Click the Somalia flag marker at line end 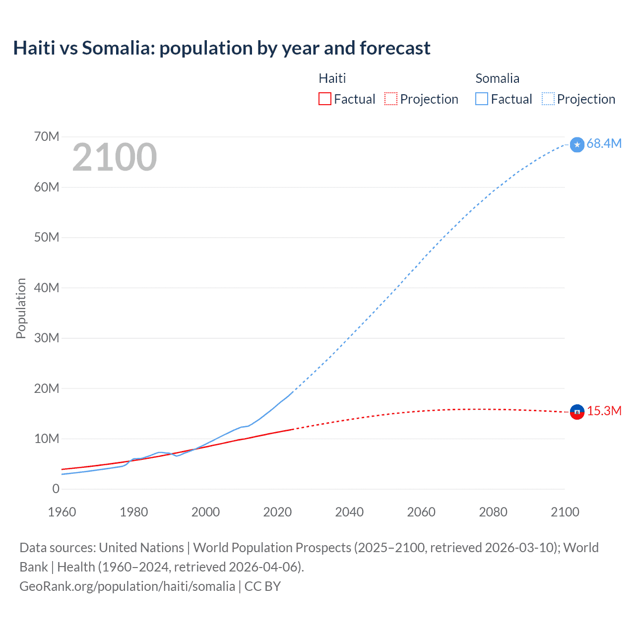[577, 144]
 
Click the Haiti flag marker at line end [577, 412]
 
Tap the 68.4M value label [604, 143]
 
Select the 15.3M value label [604, 411]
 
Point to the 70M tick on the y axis [47, 136]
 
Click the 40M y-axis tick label [47, 288]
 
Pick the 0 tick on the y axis [56, 489]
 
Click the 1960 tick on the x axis [62, 512]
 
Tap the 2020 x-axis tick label [277, 512]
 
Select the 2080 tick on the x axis [493, 512]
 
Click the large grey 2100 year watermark [115, 157]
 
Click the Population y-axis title [21, 308]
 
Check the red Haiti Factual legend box [325, 99]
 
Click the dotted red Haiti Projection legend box [391, 99]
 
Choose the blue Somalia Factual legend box [482, 99]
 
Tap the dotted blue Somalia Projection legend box [548, 99]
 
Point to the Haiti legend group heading [332, 78]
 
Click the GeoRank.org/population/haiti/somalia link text [127, 586]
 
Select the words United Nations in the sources [141, 548]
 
